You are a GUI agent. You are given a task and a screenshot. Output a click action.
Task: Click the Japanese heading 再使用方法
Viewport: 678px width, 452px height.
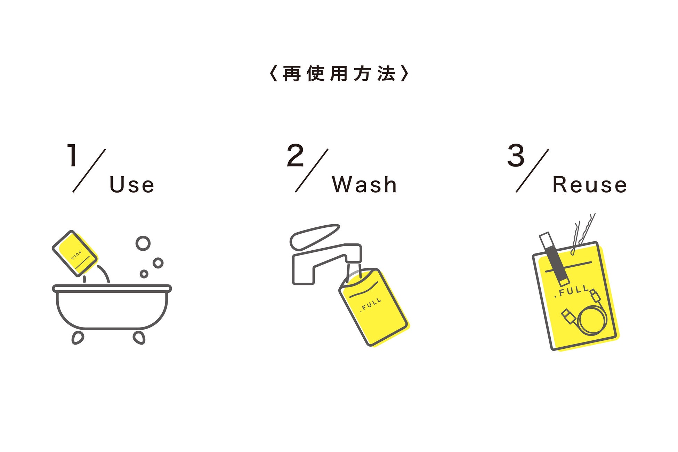point(339,74)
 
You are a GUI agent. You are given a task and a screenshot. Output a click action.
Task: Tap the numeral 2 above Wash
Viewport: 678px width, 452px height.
point(295,155)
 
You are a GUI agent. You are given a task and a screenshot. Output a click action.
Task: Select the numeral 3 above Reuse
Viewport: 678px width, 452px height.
point(516,155)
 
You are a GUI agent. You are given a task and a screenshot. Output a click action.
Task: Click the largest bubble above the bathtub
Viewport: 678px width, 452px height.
point(143,243)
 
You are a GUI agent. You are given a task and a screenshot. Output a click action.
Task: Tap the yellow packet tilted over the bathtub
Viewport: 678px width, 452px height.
point(75,253)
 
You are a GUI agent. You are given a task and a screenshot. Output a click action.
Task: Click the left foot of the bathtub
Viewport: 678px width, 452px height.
point(78,338)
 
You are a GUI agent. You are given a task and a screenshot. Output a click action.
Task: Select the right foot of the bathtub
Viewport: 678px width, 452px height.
point(139,338)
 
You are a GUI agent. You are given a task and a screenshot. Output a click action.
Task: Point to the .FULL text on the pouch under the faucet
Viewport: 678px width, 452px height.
point(371,305)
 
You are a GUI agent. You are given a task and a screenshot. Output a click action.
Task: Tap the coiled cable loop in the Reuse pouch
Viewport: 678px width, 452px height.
point(592,320)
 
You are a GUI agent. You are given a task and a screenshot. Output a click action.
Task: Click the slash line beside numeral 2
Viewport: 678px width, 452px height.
point(312,170)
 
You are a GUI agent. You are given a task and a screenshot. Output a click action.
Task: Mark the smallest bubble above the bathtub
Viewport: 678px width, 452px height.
point(144,274)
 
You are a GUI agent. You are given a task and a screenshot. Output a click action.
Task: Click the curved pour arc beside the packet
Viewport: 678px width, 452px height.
point(104,273)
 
